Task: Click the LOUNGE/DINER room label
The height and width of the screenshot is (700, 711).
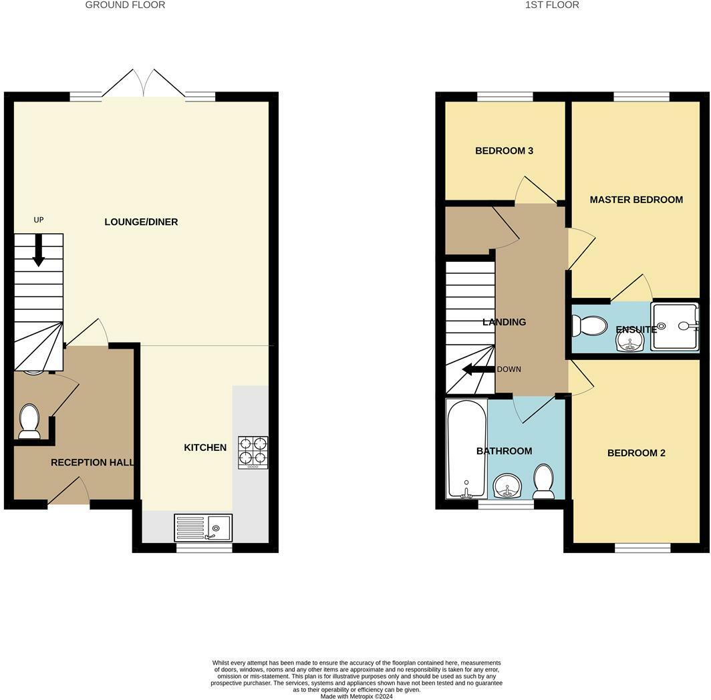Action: (x=141, y=222)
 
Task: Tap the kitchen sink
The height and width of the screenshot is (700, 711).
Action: (x=204, y=528)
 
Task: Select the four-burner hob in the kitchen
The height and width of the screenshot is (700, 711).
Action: (x=253, y=452)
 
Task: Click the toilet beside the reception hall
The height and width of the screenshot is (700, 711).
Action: (x=29, y=421)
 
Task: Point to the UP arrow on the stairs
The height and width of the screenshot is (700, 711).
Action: (x=39, y=250)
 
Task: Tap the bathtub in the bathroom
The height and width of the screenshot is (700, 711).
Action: (x=466, y=448)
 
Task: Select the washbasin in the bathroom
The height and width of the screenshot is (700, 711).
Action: (x=509, y=486)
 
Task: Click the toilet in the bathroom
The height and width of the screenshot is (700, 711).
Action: (x=544, y=482)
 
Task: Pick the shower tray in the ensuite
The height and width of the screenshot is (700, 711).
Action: (x=675, y=327)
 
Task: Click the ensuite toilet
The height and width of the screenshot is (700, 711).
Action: (x=588, y=326)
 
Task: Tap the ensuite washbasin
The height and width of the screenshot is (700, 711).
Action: (x=629, y=341)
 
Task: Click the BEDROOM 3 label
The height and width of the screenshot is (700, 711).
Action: (x=504, y=151)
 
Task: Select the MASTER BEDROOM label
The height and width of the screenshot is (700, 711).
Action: (x=636, y=200)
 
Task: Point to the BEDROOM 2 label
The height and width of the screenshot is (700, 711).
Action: (x=636, y=453)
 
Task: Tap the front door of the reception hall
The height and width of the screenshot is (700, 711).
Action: (x=69, y=492)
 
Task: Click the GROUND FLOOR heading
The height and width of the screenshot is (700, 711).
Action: (x=125, y=5)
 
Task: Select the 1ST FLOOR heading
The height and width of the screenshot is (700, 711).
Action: (x=552, y=5)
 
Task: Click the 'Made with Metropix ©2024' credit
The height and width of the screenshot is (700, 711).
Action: (x=356, y=696)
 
